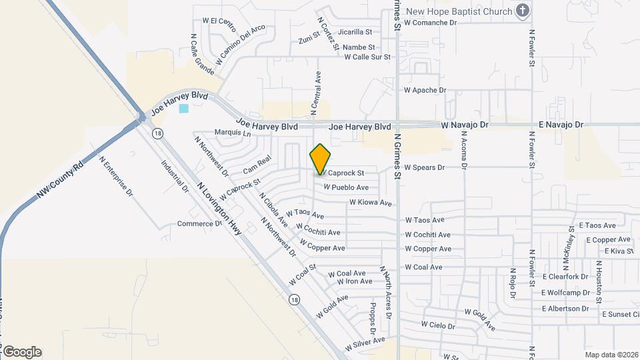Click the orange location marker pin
point(321,159)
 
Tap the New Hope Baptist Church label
point(459,11)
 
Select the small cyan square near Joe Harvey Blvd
point(183,108)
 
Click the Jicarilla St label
point(355,32)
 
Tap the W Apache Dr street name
point(425,90)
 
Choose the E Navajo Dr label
point(561,125)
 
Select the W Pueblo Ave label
point(346,188)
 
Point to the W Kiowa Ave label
point(371,202)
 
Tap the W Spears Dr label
point(424,167)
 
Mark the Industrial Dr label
point(175,175)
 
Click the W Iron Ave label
point(355,281)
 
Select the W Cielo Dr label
point(437,326)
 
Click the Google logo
point(22,351)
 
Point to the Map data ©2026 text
point(611,355)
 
